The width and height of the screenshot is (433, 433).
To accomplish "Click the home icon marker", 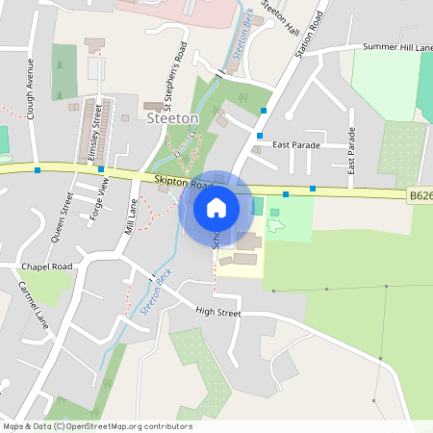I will click(x=216, y=208).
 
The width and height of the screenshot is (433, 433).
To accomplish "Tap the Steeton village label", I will click(x=173, y=117).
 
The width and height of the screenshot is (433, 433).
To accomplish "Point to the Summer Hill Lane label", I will click(x=396, y=47).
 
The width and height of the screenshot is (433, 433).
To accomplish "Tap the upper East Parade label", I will click(x=295, y=144).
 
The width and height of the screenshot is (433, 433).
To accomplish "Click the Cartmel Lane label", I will click(x=33, y=305).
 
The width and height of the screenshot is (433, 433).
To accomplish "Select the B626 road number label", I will click(x=420, y=195).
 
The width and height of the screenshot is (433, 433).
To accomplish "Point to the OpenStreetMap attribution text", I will click(x=97, y=426).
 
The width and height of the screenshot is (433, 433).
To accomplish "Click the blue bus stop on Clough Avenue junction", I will click(x=38, y=169).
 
